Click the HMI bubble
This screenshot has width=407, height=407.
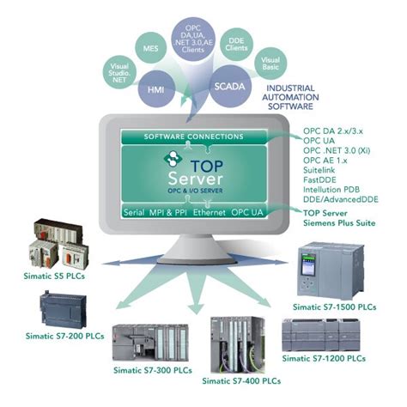coord(157,87)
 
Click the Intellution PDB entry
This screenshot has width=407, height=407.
coord(333,191)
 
